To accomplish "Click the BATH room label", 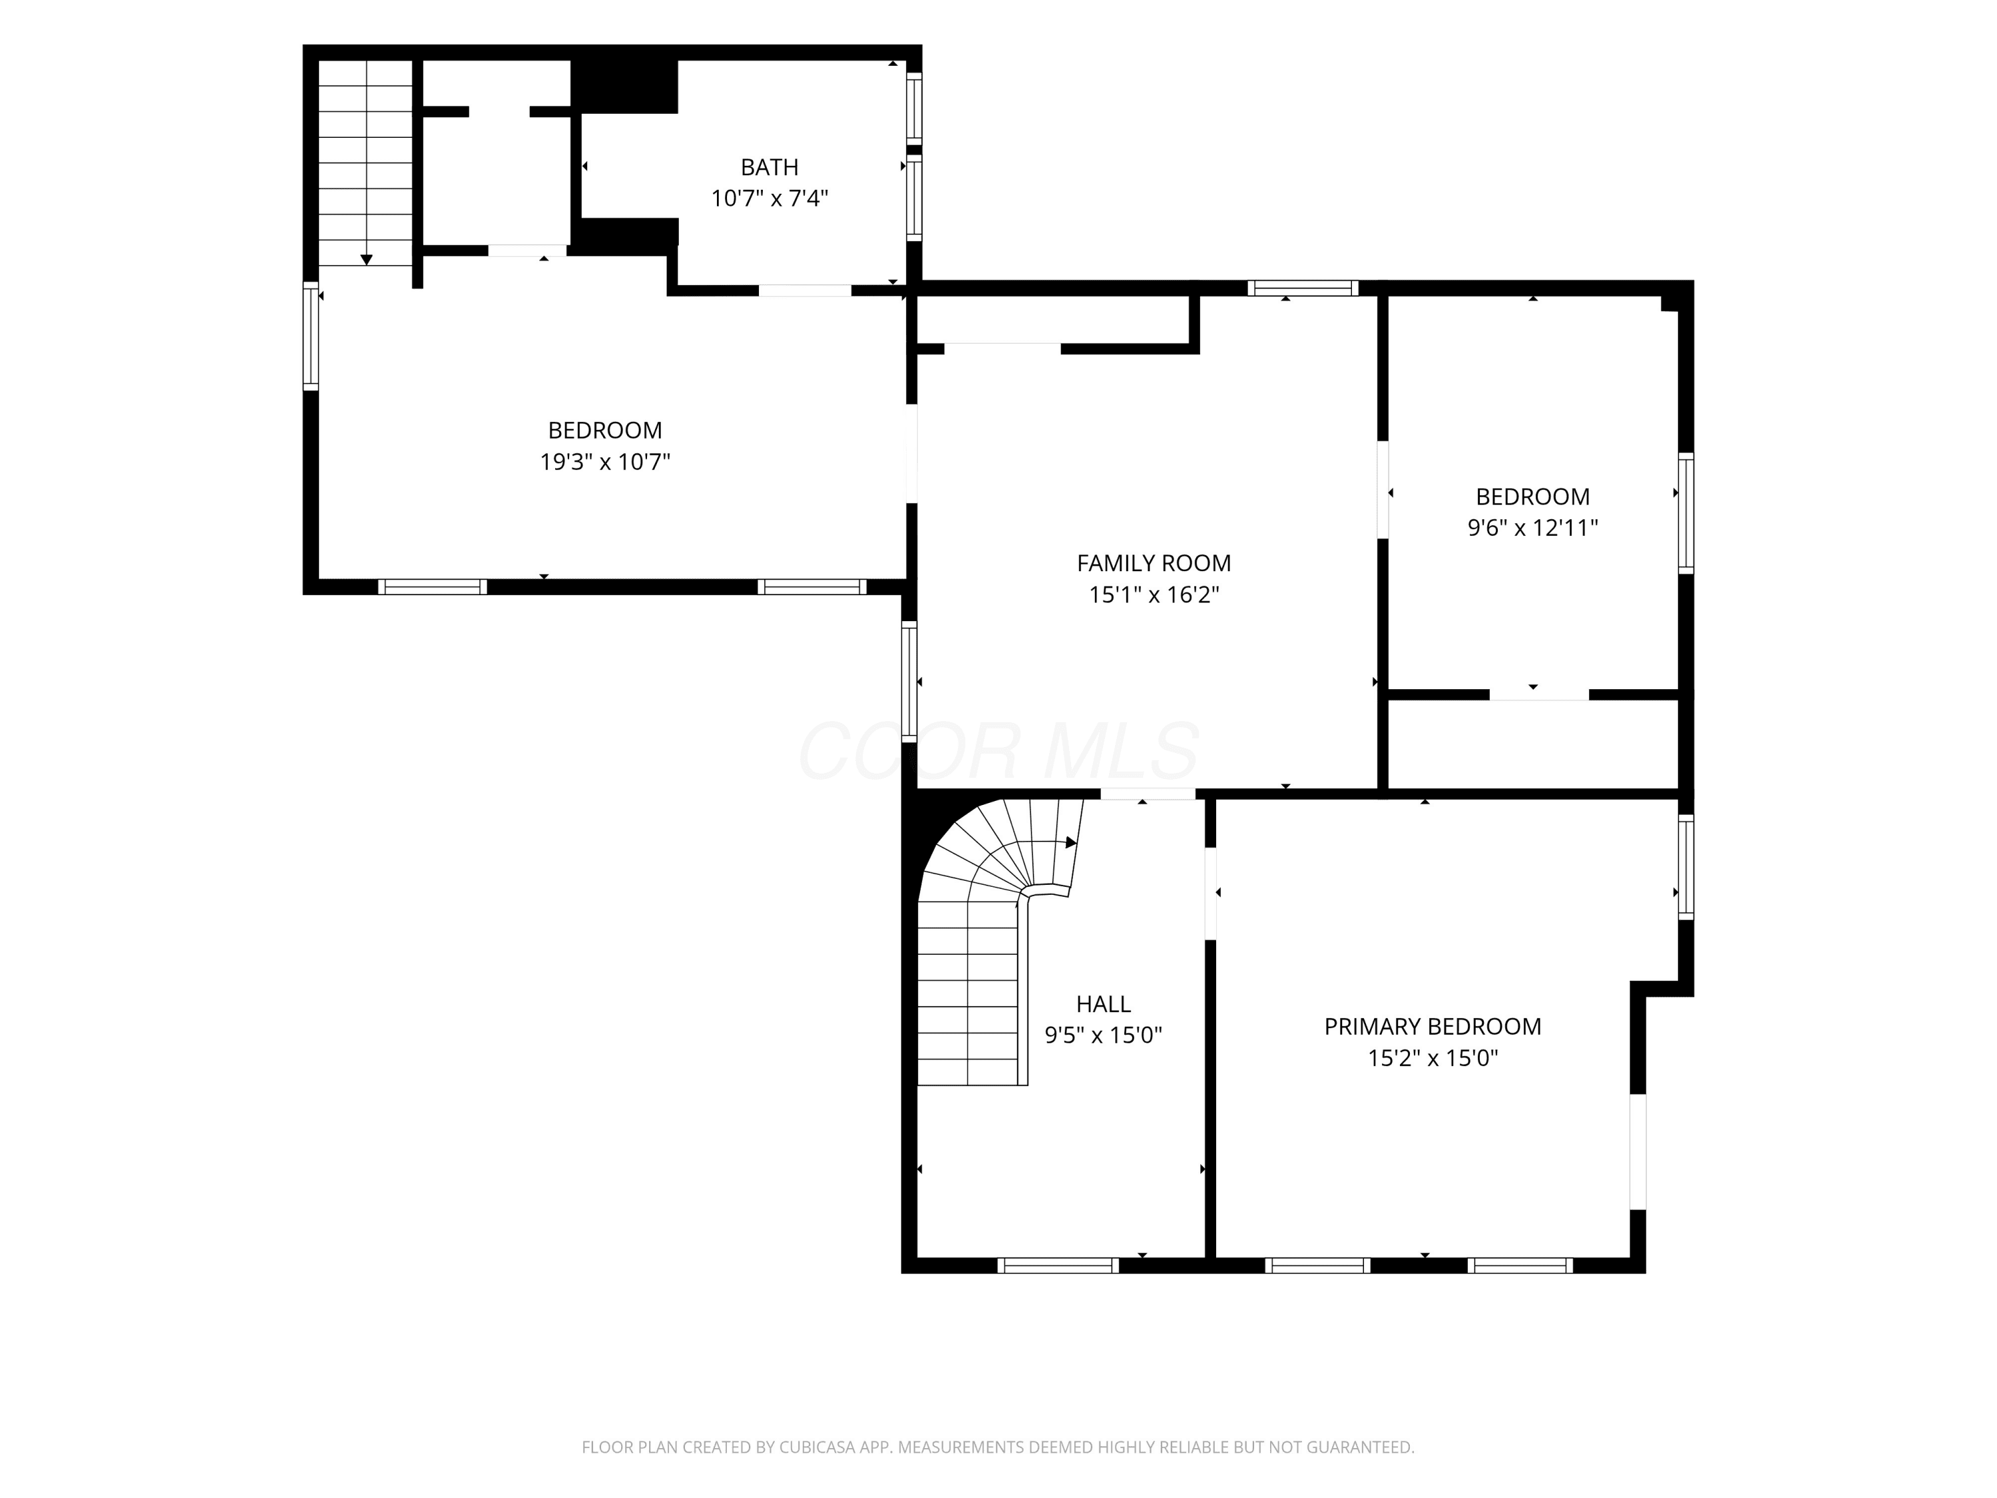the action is pos(770,167).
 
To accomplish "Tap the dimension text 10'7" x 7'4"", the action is pos(770,198).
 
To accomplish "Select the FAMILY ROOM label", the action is pos(1154,563).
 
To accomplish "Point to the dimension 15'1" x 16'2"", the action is pos(1154,594).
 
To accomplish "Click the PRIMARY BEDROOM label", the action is pos(1433,1027).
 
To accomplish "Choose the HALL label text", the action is pos(1103,1004).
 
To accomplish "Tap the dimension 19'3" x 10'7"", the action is pos(605,462).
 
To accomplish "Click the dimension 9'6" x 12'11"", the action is pos(1533,527).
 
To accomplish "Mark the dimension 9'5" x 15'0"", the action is pos(1103,1035).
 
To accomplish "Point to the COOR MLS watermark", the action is pos(998,750).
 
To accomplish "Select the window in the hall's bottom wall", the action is pos(1058,1265).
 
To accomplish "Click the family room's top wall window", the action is pos(1303,288).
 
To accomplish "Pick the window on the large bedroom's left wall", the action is pos(311,336).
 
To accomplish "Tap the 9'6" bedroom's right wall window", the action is pos(1685,513).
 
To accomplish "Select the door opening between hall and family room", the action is pos(1148,794).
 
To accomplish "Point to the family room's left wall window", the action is pos(909,682).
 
